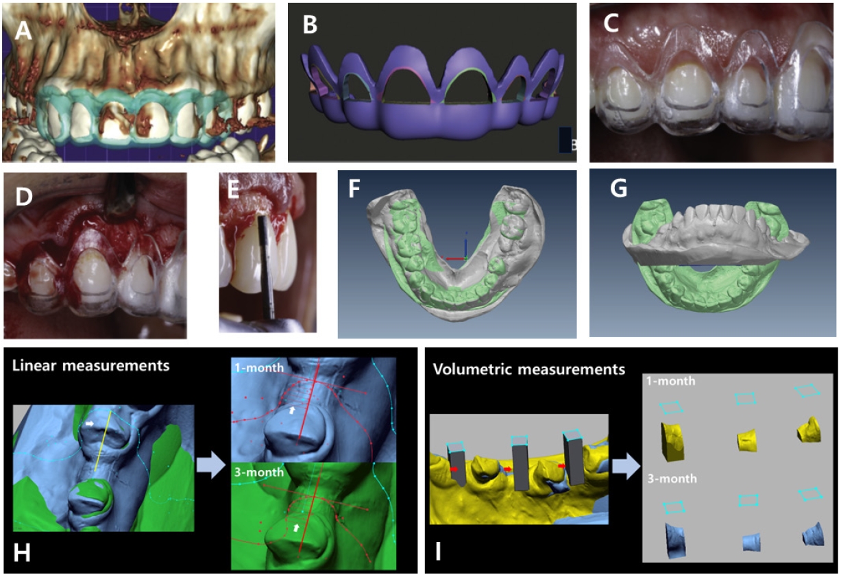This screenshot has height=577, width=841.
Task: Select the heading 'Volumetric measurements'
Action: (528, 369)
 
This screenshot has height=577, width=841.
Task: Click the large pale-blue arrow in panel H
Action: (212, 466)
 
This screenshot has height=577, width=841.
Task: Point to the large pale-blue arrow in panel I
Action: (624, 466)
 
